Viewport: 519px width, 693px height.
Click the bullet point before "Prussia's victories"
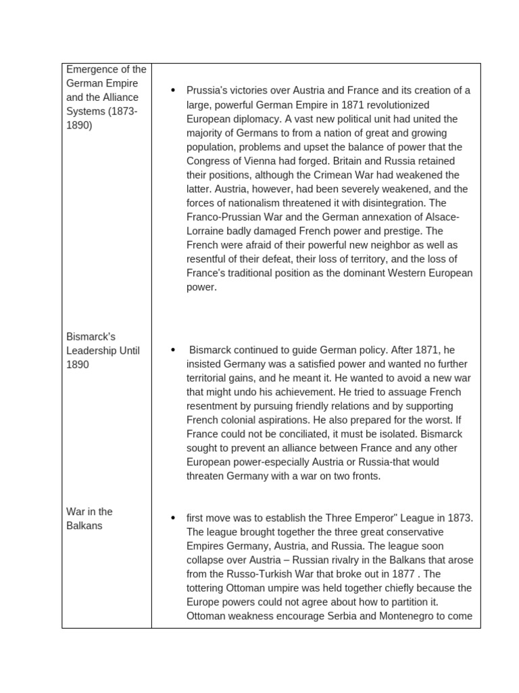pyautogui.click(x=174, y=91)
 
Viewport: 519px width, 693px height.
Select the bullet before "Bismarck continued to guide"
pyautogui.click(x=174, y=350)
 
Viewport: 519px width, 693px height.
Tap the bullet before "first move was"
pyautogui.click(x=174, y=518)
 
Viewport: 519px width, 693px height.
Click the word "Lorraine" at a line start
pyautogui.click(x=206, y=231)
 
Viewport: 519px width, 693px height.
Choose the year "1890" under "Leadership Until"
pyautogui.click(x=78, y=364)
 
